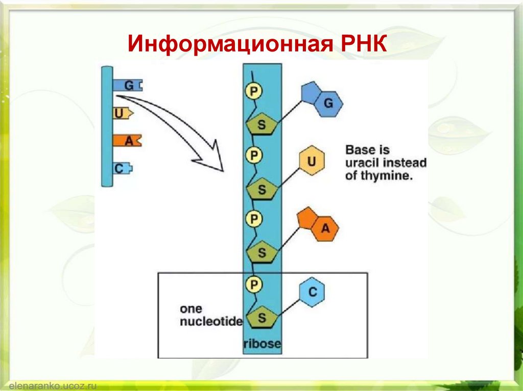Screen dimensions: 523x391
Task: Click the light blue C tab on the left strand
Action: (x=122, y=168)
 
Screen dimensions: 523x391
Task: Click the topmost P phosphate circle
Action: (x=254, y=91)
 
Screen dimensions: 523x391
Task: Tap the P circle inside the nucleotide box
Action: (x=254, y=283)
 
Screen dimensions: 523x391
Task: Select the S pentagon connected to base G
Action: (x=261, y=125)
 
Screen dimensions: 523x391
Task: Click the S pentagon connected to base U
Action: (x=261, y=190)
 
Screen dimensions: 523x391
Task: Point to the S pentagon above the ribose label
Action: (x=261, y=318)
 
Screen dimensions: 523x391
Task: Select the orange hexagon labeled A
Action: (x=325, y=230)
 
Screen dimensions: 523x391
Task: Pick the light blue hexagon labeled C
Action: (x=313, y=292)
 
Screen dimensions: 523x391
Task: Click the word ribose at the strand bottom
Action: (x=262, y=344)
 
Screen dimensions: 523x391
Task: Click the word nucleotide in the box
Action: (x=211, y=322)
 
